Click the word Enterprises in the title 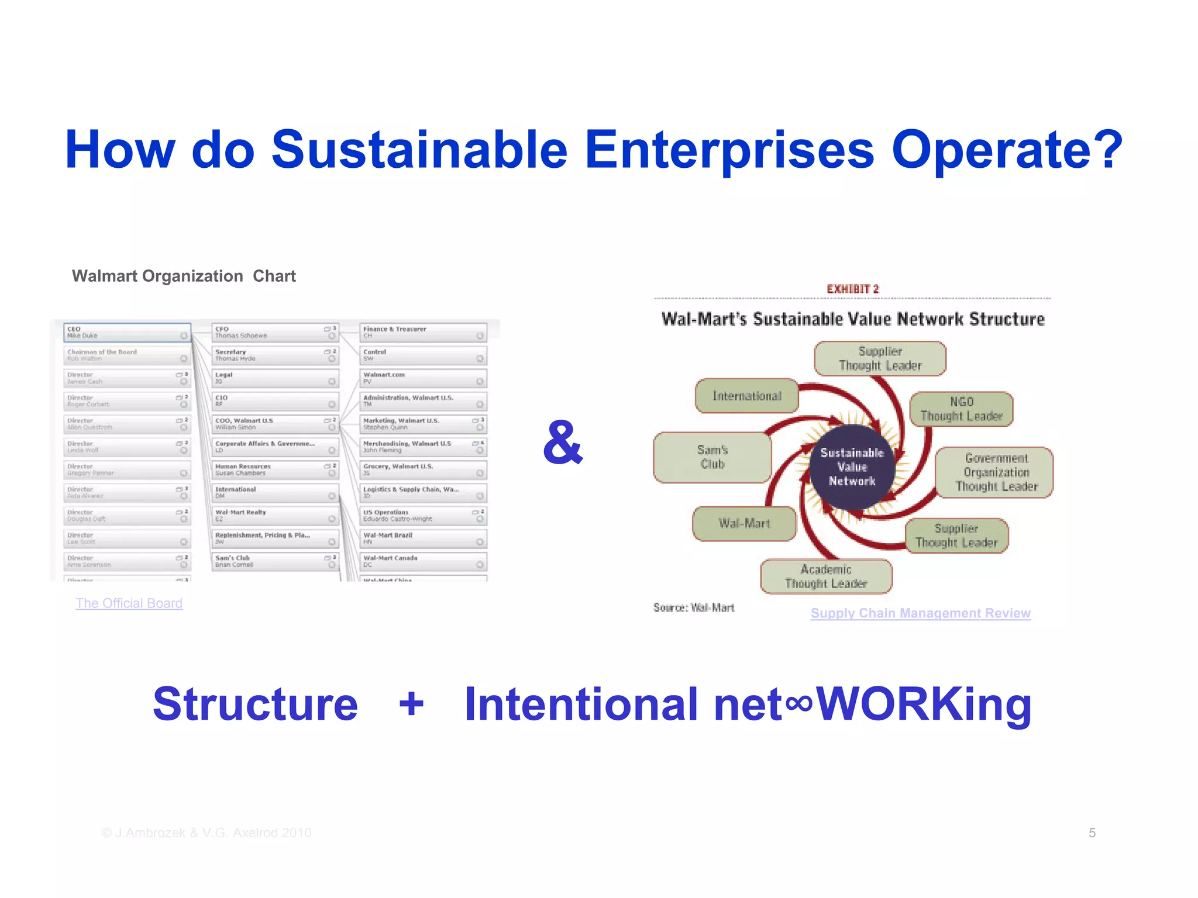pos(729,150)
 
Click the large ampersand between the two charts pos(563,443)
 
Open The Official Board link pos(129,603)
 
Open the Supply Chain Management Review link pos(920,613)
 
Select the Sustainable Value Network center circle pos(852,467)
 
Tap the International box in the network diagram pos(746,396)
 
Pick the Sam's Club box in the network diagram pos(712,457)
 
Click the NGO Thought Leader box pos(961,409)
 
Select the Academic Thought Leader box pos(826,576)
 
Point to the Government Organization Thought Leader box pos(996,472)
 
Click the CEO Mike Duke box pos(127,333)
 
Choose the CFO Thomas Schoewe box pos(275,333)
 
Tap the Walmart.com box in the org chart pos(423,378)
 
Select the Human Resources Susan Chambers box pos(275,470)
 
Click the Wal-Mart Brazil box pos(423,538)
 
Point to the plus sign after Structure pos(411,703)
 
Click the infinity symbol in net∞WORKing pos(798,703)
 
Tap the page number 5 pos(1092,833)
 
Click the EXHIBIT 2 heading pos(852,289)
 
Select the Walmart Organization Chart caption pos(184,276)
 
